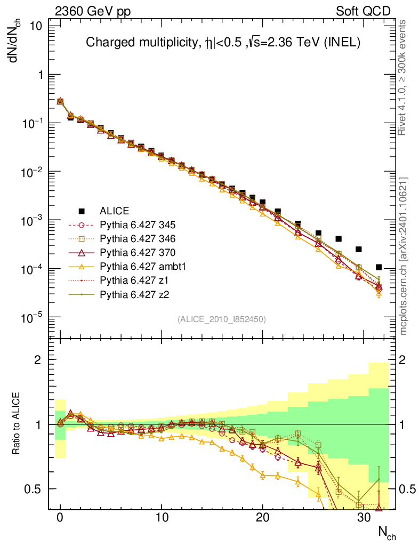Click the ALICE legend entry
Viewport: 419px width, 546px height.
[115, 211]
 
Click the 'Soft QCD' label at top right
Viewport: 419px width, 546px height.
[364, 11]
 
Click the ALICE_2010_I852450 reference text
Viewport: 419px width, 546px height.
[221, 319]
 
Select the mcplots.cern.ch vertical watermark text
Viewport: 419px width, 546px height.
[404, 256]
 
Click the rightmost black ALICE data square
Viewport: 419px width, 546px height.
[378, 267]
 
